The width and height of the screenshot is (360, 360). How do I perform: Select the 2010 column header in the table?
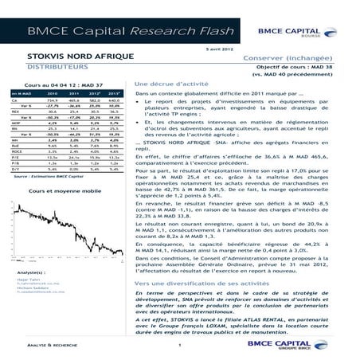pyautogui.click(x=53, y=92)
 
